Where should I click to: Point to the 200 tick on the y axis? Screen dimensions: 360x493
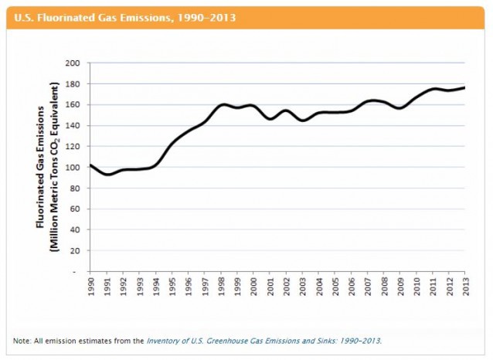pyautogui.click(x=75, y=63)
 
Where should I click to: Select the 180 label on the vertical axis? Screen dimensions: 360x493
pyautogui.click(x=75, y=83)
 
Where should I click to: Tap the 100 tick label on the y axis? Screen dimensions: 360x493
pyautogui.click(x=75, y=167)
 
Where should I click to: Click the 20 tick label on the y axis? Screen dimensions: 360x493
pyautogui.click(x=77, y=250)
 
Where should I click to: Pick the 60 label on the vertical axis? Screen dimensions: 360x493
pyautogui.click(x=77, y=209)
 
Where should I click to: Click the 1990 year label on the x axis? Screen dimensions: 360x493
pyautogui.click(x=90, y=287)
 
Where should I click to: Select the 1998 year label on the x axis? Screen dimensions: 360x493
pyautogui.click(x=221, y=287)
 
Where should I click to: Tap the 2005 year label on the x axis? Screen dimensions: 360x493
pyautogui.click(x=335, y=287)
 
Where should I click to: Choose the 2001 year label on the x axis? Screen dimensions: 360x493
pyautogui.click(x=270, y=287)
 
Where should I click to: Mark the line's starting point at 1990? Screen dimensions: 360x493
pyautogui.click(x=90, y=165)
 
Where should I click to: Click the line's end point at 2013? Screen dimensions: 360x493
pyautogui.click(x=465, y=88)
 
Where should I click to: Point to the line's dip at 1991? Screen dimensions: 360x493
pyautogui.click(x=107, y=175)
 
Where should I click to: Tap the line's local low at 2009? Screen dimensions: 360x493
pyautogui.click(x=399, y=108)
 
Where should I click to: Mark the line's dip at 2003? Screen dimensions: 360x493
pyautogui.click(x=302, y=121)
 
